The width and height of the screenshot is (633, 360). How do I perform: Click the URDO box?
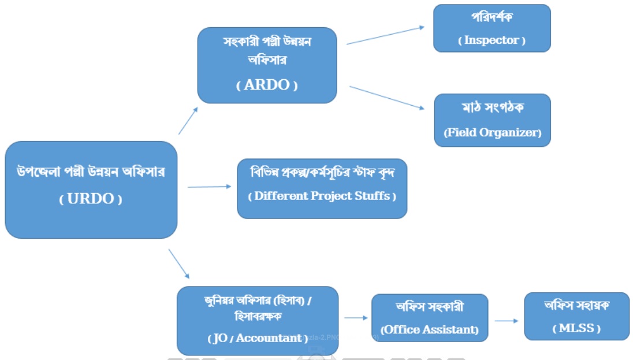click(x=91, y=190)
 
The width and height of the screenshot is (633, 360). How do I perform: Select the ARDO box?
click(x=267, y=65)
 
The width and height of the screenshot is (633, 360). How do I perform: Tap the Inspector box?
click(x=492, y=28)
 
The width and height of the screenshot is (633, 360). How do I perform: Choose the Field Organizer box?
click(x=492, y=120)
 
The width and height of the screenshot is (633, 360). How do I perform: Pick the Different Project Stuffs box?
click(x=322, y=188)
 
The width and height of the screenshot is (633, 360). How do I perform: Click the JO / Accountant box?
click(x=258, y=320)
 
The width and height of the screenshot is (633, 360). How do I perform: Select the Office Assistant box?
click(x=429, y=318)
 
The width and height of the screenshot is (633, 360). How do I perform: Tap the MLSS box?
click(x=576, y=316)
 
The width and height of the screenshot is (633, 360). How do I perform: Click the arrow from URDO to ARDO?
click(x=188, y=120)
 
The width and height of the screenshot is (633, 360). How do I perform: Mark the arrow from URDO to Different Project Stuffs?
click(x=209, y=187)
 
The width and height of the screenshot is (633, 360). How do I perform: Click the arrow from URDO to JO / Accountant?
click(x=179, y=263)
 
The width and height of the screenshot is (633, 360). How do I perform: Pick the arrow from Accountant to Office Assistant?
click(x=356, y=317)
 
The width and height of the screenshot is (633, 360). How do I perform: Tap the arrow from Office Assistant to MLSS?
click(x=507, y=321)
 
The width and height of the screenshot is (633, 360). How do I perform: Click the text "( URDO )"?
click(x=91, y=199)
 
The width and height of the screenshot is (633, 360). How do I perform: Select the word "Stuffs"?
click(x=372, y=196)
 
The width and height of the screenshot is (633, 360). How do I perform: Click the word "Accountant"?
click(x=269, y=338)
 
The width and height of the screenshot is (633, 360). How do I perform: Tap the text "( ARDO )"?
click(x=267, y=85)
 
